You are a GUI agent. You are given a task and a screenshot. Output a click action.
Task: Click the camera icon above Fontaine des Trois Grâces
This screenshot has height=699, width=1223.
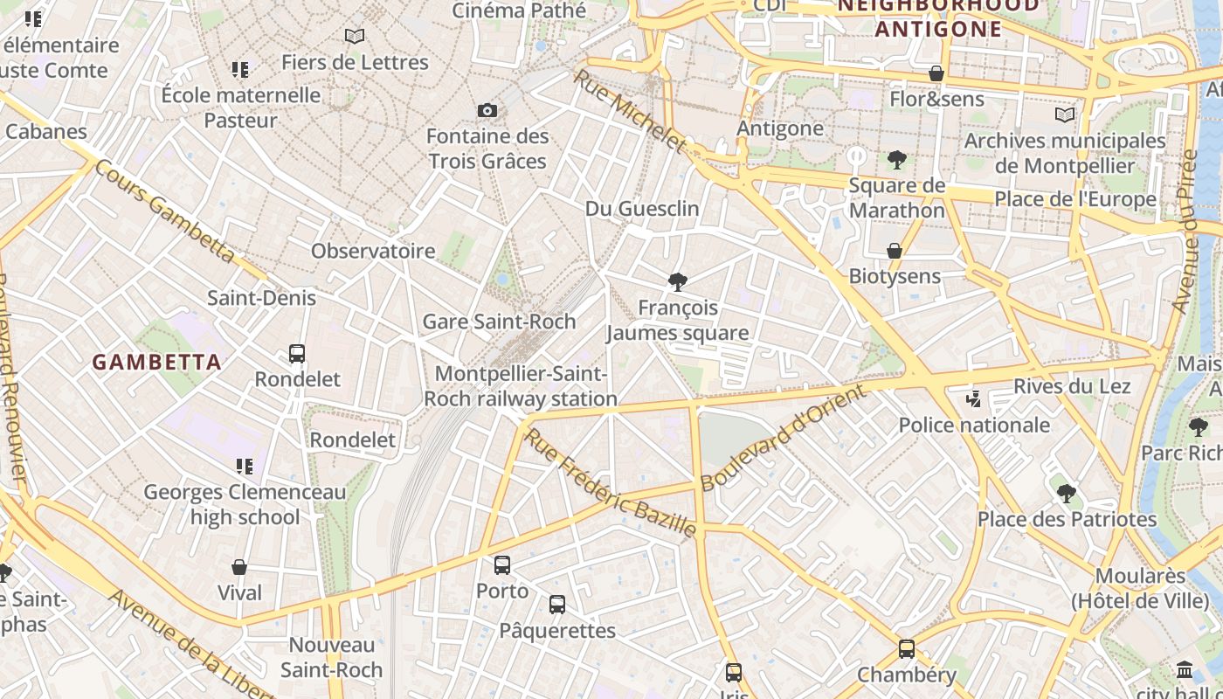tap(487, 110)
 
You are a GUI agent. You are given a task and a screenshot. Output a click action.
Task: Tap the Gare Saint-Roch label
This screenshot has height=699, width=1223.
tap(499, 321)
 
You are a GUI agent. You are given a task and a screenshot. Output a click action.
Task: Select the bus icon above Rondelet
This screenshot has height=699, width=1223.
tap(297, 354)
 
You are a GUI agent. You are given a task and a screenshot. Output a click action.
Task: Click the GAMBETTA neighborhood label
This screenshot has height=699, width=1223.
tap(157, 362)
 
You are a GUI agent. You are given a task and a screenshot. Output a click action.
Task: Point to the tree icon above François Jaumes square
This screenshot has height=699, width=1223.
tap(677, 281)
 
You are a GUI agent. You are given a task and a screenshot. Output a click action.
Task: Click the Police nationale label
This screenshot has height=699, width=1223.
tap(974, 425)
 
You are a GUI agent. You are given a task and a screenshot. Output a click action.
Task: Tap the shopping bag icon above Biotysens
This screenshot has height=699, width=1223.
tap(895, 251)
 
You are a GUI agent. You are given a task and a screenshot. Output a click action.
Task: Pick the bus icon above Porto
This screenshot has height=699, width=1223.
tap(502, 565)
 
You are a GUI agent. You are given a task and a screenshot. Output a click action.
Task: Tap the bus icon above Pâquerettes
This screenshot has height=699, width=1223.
tap(557, 605)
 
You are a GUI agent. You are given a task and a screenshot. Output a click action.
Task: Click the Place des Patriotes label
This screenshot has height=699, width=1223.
tap(1067, 519)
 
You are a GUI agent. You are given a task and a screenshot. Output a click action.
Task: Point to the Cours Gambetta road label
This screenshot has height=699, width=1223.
tap(165, 211)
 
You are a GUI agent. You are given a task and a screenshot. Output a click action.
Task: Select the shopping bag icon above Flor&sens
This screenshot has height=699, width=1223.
tap(936, 73)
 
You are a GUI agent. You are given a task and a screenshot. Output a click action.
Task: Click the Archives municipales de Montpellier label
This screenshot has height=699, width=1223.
tap(1065, 153)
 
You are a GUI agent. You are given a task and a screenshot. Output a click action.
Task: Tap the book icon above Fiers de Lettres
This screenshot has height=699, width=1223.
tap(354, 37)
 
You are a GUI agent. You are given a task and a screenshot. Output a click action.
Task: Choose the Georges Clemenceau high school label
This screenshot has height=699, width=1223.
tap(245, 504)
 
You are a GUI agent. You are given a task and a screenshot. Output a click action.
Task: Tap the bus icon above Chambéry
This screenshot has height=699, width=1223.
tap(907, 649)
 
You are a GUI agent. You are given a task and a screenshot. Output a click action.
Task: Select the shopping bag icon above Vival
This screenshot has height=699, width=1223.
tap(239, 567)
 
